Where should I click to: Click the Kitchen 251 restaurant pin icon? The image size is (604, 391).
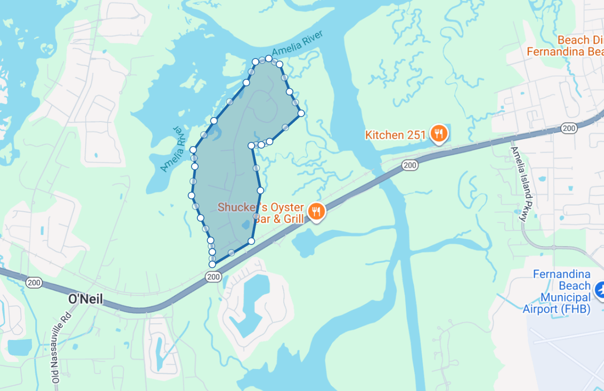coord(439,133)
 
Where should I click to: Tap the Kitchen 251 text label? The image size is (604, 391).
coord(395,135)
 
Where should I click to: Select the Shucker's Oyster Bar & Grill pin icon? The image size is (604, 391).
coord(316,211)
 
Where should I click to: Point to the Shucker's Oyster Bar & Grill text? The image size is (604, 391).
coord(260,213)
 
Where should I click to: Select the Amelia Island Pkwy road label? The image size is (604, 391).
coord(520,184)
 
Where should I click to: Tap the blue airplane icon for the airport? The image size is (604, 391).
coord(600,289)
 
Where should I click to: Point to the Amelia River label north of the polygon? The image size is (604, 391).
coord(297,45)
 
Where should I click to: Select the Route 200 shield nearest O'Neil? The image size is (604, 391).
coord(34,283)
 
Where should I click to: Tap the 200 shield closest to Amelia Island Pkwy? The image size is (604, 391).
coord(569,128)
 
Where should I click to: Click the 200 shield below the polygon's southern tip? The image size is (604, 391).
coord(214,277)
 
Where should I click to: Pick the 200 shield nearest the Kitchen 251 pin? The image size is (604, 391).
coord(410,165)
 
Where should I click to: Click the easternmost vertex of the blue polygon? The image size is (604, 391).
coord(301,113)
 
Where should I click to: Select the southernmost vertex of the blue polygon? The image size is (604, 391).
coord(212,265)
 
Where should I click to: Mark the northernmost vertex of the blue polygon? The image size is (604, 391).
coord(268,58)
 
